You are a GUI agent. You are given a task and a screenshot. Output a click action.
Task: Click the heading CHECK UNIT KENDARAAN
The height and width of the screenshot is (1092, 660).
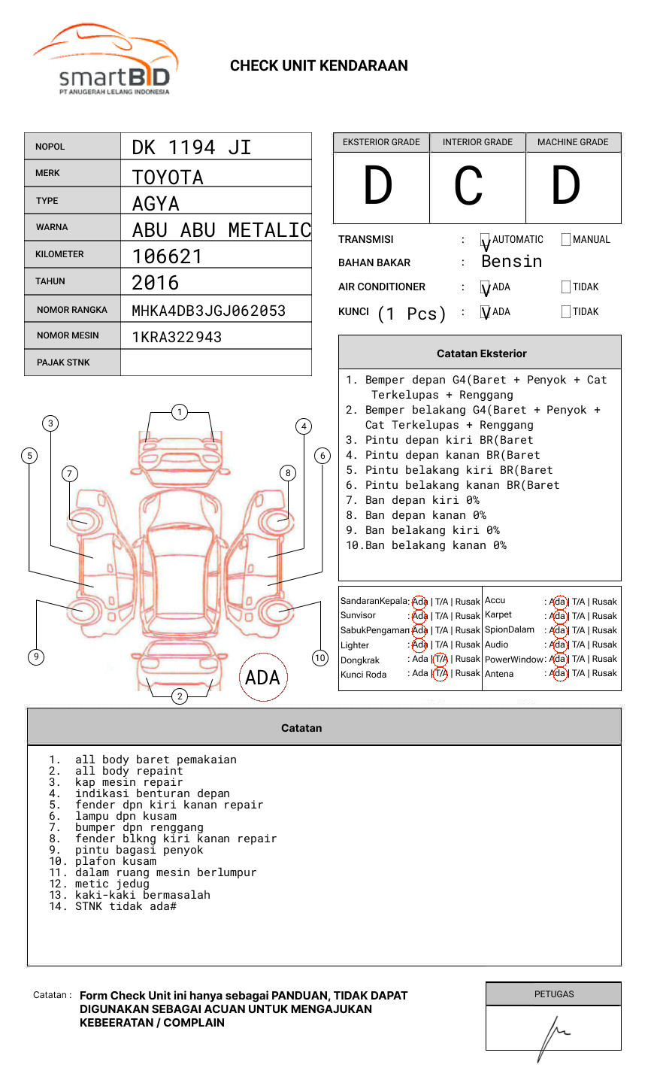click(x=319, y=66)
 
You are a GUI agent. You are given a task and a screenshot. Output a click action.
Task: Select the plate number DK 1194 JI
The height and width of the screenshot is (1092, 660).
click(x=192, y=147)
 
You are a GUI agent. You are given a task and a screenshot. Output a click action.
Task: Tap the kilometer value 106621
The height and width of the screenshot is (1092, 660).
click(x=168, y=256)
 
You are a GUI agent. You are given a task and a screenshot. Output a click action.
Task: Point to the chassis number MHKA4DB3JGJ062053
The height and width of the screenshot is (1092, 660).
click(x=209, y=311)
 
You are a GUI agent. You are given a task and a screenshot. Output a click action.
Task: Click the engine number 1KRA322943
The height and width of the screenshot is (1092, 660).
click(x=177, y=337)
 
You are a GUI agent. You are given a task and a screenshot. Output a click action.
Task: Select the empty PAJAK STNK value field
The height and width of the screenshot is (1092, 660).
click(x=216, y=362)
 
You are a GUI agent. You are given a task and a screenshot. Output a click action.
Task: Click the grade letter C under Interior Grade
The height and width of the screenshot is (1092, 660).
click(x=468, y=186)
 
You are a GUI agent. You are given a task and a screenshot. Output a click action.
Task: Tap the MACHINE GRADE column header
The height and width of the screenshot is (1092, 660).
click(x=573, y=142)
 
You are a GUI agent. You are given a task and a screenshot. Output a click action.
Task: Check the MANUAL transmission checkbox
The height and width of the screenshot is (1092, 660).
click(x=566, y=240)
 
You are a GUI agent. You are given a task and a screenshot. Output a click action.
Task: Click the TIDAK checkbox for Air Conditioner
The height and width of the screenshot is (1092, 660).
click(x=566, y=287)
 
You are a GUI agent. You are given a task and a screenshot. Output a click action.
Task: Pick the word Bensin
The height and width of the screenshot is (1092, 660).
click(x=512, y=262)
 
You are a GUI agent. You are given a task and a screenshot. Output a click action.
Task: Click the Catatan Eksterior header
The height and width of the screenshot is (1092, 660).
click(x=481, y=353)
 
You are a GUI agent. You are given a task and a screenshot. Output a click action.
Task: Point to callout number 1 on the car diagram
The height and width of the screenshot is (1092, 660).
click(x=179, y=412)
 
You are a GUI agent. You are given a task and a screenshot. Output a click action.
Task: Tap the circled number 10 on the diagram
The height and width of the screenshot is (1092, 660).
click(x=320, y=658)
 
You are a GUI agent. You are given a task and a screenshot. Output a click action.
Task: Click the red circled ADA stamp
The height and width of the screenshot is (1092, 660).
click(x=262, y=678)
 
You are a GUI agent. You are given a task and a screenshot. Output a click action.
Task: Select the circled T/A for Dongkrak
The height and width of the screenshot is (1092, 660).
click(x=441, y=660)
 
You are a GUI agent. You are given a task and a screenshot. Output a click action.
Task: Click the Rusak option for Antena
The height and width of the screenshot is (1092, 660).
click(x=604, y=674)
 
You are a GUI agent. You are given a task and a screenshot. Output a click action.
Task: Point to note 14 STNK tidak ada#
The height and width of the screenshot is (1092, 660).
click(x=125, y=907)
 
